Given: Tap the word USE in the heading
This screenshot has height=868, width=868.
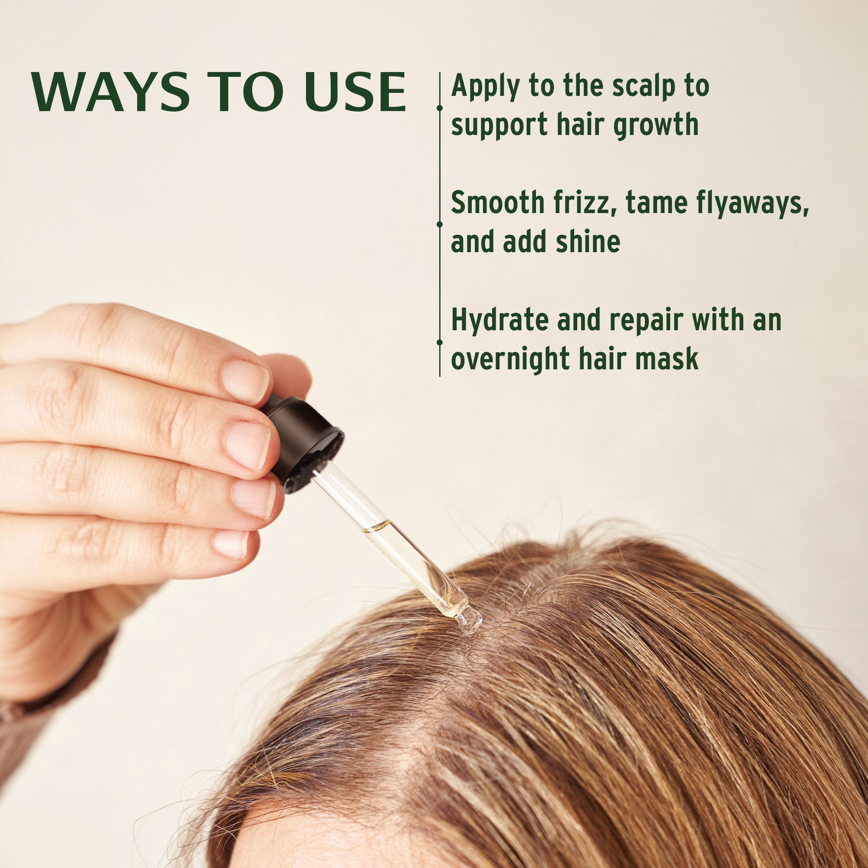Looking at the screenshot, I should coord(355,92).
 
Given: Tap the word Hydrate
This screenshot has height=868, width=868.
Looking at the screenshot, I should coord(500,320).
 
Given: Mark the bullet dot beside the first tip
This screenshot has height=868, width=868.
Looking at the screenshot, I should coord(439,108).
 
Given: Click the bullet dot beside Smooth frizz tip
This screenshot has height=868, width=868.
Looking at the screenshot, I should coord(439,223).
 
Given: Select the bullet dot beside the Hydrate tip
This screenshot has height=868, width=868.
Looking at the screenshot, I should coord(439,342).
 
